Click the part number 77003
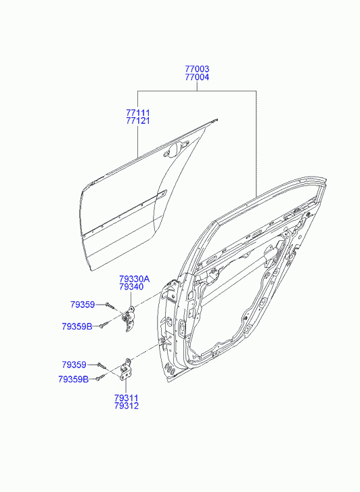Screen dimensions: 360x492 [x=197, y=69]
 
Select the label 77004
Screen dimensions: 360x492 [x=197, y=77]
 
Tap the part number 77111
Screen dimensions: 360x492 [x=138, y=112]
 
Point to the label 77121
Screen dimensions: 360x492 [x=138, y=121]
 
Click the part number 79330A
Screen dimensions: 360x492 [x=135, y=279]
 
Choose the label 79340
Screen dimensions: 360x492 [x=131, y=287]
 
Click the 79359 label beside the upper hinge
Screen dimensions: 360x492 [x=83, y=305]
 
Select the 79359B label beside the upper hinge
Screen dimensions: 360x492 [x=77, y=327]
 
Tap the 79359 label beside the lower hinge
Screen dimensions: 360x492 [x=74, y=365]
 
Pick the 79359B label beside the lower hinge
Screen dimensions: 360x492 [x=74, y=380]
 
